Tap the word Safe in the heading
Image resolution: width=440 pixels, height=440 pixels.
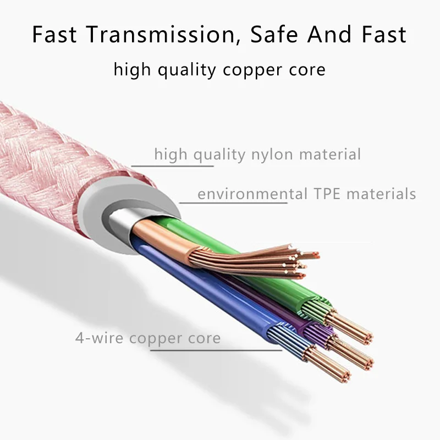pos(274,34)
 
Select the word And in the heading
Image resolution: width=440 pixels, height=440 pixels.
pos(329,34)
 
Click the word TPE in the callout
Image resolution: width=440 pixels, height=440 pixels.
pos(327,194)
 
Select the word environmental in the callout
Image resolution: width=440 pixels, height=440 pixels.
pos(252,194)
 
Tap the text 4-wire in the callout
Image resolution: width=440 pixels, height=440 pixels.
pos(99,338)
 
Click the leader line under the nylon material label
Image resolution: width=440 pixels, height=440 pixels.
pos(172,166)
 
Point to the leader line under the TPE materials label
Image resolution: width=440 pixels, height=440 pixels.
pos(233,202)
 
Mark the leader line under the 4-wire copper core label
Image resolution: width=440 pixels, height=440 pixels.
pos(216,350)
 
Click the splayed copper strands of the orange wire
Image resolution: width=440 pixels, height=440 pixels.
pos(252,260)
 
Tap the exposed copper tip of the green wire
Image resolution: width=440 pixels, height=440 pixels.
pos(349,327)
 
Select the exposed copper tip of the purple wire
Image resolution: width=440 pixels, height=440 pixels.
pos(351,353)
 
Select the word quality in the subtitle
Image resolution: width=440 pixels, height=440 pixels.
pos(187,70)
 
